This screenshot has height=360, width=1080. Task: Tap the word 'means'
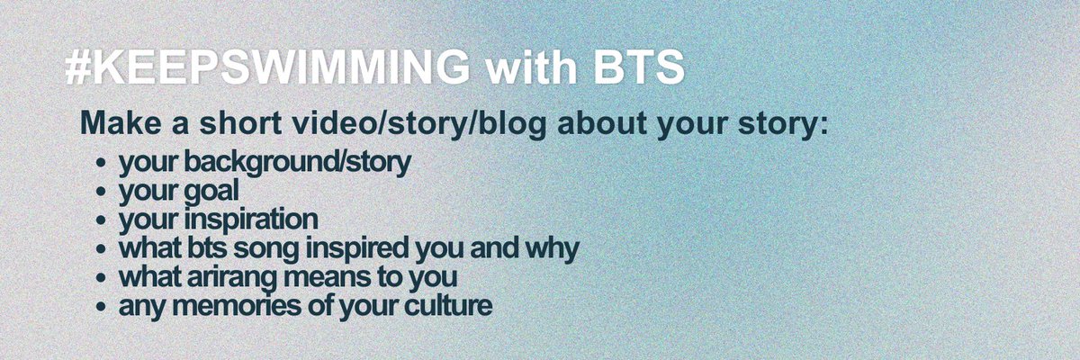[x=346, y=274]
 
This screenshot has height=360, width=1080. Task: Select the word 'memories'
[x=225, y=303]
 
